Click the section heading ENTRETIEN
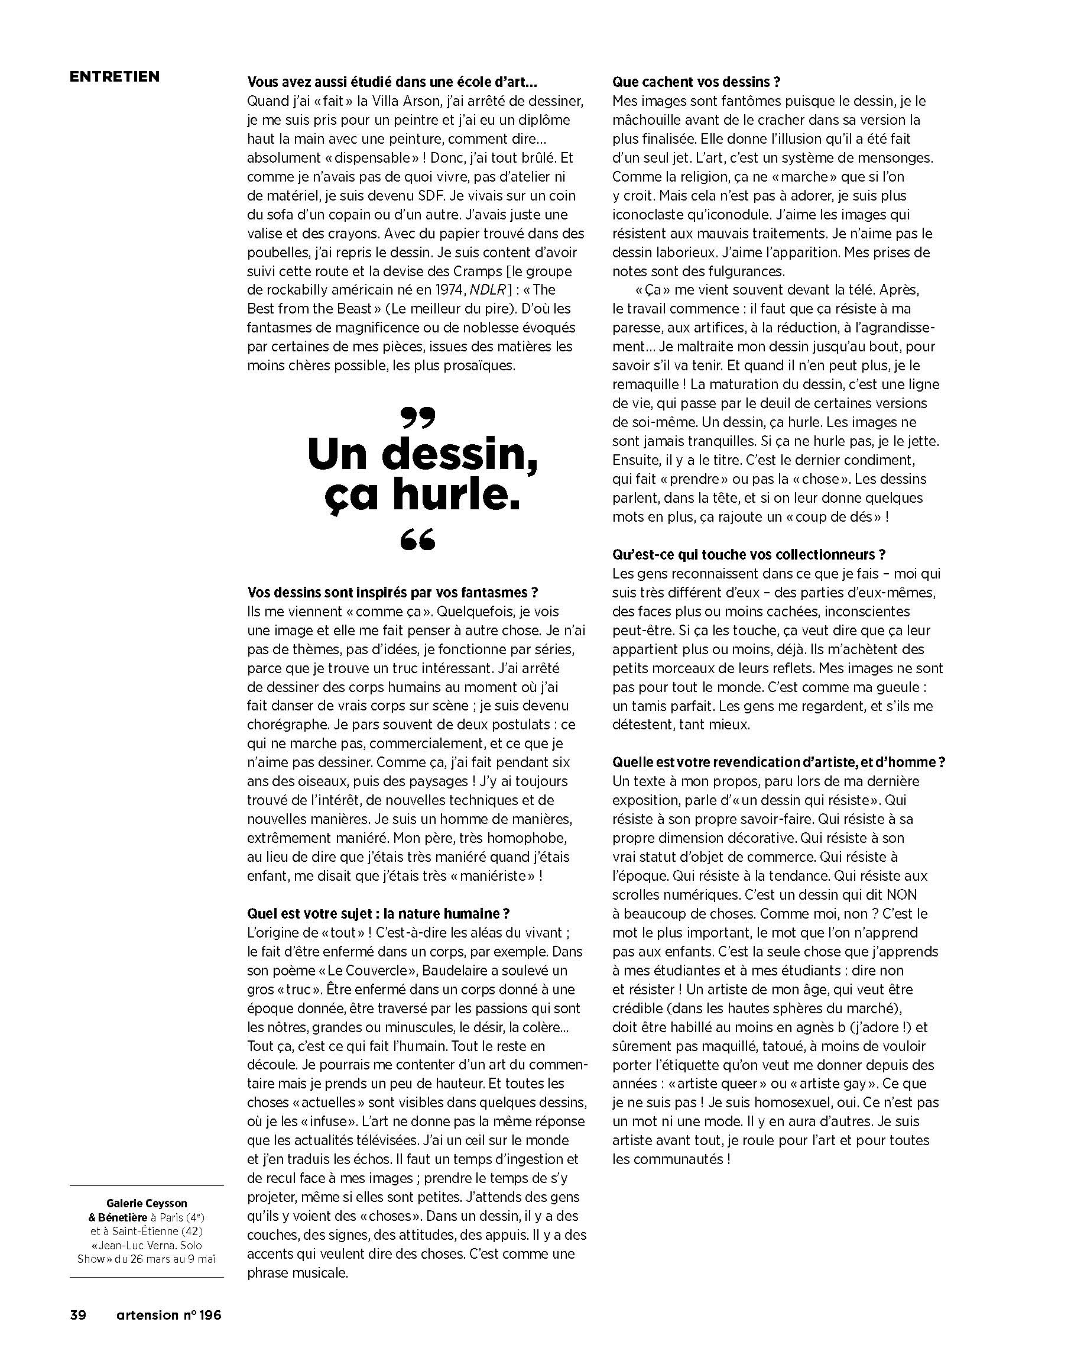115,76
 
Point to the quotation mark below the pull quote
418,539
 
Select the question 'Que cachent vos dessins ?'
696,82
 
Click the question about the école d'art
392,82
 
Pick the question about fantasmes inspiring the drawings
392,592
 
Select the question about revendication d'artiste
778,762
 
